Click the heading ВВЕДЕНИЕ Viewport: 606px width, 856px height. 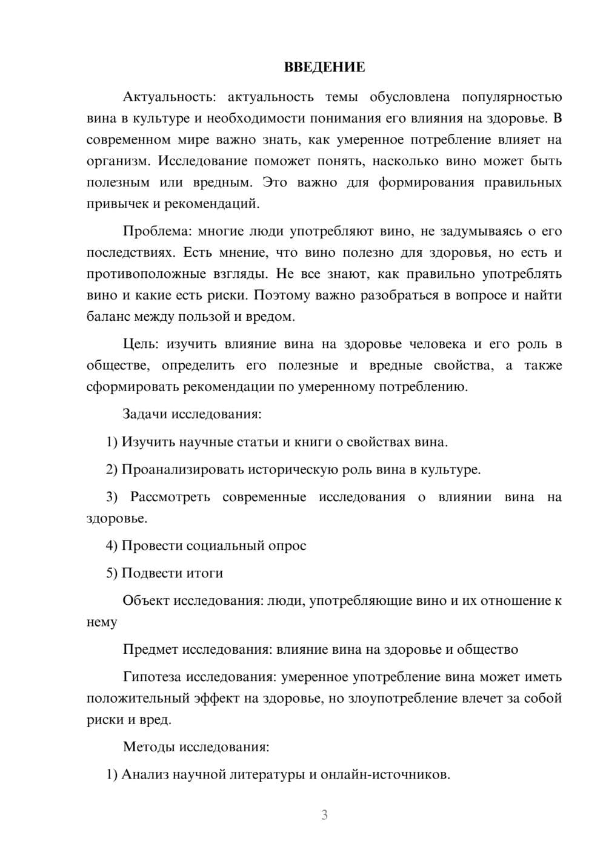point(324,67)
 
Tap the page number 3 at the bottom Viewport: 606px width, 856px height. point(324,815)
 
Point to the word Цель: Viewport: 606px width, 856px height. point(141,344)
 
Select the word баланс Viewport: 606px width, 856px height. point(105,317)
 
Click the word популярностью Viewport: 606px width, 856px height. point(511,97)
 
